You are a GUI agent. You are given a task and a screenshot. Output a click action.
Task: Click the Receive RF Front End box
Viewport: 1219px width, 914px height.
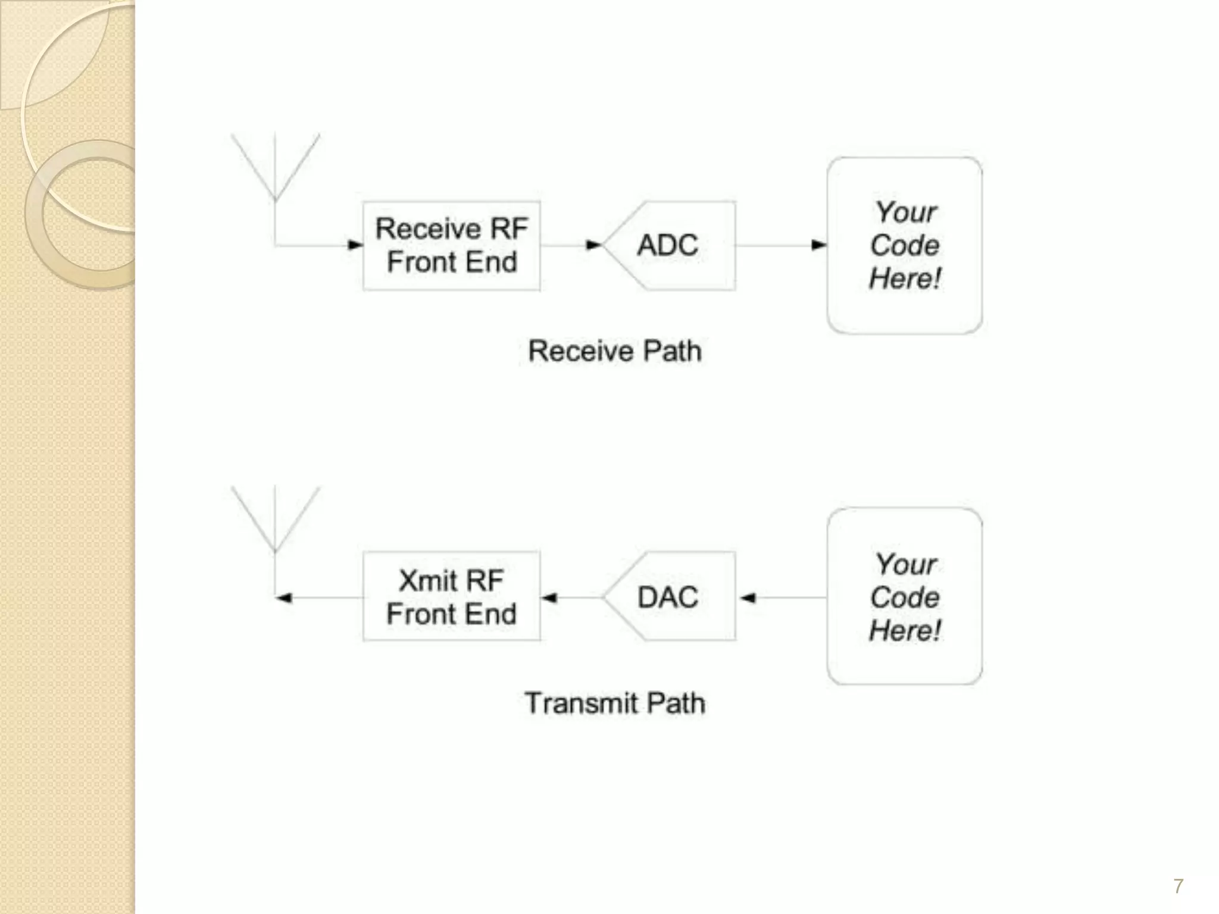pos(451,246)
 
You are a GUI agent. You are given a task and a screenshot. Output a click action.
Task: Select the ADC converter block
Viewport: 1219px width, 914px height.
pos(670,246)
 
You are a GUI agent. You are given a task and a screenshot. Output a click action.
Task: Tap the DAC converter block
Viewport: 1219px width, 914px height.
pos(670,597)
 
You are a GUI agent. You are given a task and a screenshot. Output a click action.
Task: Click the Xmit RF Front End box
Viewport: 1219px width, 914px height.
pos(451,597)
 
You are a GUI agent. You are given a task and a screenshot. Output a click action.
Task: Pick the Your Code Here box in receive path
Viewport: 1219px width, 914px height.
pos(904,245)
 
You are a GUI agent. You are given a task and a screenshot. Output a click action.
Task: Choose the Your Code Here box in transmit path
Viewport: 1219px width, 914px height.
pos(904,596)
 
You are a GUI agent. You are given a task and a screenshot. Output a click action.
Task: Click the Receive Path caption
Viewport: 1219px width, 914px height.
pos(615,351)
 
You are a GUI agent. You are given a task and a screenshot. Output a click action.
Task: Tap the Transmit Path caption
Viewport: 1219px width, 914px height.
pos(615,703)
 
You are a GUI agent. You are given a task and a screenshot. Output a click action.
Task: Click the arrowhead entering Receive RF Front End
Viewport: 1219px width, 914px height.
pos(355,245)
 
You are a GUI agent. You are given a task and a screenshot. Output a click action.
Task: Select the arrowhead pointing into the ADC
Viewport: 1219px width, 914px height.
pos(594,245)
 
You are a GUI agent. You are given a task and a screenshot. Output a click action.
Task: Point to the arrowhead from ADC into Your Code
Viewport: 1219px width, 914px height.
pos(819,245)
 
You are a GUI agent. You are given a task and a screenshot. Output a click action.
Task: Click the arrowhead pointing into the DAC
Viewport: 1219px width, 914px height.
pos(747,597)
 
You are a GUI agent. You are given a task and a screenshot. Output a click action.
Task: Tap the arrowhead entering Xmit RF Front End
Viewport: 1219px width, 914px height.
pos(549,597)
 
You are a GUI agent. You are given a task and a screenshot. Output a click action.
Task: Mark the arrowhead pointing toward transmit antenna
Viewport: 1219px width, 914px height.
pos(284,597)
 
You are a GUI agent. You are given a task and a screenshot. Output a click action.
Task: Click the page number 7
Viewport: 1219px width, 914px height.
pos(1178,886)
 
